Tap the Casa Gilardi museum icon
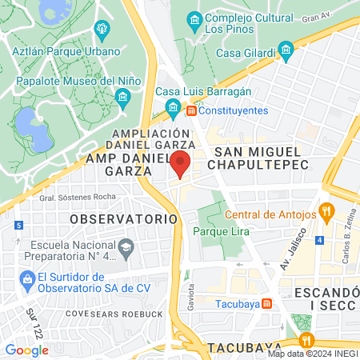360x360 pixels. point(286,54)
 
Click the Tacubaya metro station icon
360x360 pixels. point(267,303)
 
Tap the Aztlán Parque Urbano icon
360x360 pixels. point(102,30)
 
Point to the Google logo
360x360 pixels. point(26,350)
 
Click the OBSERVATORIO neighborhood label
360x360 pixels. point(122,218)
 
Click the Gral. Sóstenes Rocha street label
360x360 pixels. point(73,197)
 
